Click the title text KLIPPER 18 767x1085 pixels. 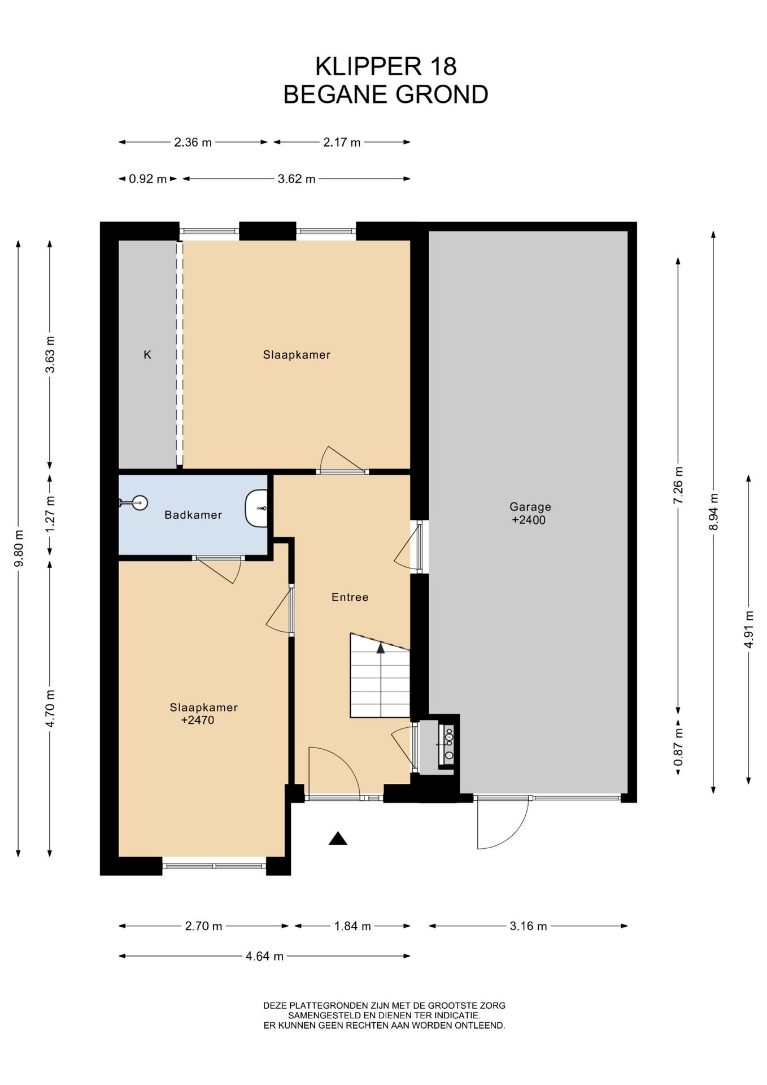(386, 66)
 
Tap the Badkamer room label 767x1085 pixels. (193, 515)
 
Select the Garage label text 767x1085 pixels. (530, 507)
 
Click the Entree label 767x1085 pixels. (350, 597)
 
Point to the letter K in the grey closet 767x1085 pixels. (147, 355)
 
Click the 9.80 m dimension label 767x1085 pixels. (19, 548)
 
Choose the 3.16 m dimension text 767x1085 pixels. (528, 926)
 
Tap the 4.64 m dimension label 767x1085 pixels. (264, 956)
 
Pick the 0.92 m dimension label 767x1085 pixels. (148, 179)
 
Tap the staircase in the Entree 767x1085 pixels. (380, 675)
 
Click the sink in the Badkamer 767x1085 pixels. (256, 509)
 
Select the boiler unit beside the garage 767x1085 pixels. (447, 745)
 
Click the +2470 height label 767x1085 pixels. (198, 720)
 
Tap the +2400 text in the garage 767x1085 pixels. (529, 520)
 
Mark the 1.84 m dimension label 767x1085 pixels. (352, 926)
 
